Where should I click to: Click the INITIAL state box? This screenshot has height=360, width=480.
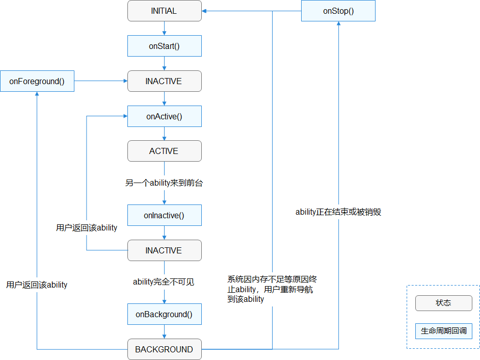click(164, 11)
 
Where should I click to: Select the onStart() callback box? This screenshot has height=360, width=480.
click(164, 46)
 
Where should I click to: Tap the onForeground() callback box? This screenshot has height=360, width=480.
click(37, 81)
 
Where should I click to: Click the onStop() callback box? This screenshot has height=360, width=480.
click(338, 11)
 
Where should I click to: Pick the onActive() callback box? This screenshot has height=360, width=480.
click(164, 116)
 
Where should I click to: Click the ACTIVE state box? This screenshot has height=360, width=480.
click(164, 151)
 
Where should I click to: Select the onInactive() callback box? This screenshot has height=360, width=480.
click(164, 215)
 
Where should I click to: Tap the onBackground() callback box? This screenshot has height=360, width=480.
click(164, 314)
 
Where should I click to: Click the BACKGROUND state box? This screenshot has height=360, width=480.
click(164, 349)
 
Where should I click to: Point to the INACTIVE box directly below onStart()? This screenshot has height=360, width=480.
click(164, 81)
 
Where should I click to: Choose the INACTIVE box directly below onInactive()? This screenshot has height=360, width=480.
click(164, 250)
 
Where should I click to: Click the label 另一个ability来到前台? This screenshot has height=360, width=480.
click(164, 183)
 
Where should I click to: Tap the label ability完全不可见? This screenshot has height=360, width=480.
click(164, 281)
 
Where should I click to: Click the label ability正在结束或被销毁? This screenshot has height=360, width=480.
click(338, 212)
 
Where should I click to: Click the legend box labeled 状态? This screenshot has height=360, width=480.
click(443, 303)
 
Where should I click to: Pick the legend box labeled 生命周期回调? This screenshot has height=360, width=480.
click(443, 331)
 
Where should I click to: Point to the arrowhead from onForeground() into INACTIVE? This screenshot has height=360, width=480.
click(124, 81)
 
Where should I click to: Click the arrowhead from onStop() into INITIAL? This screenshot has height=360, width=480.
click(205, 11)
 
